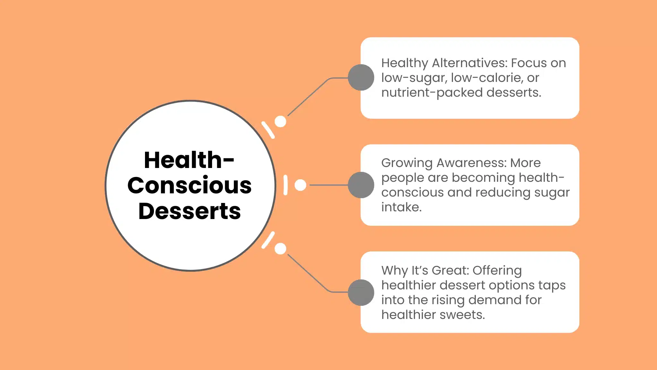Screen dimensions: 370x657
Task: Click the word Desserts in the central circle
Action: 190,211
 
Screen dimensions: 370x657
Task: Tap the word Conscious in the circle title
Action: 190,186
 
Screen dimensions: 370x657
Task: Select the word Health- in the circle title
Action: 189,160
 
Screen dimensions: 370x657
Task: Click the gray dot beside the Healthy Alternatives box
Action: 361,77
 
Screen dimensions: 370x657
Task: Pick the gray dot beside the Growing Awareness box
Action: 361,185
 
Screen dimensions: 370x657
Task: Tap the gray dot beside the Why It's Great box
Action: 361,292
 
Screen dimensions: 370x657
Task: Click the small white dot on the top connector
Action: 280,121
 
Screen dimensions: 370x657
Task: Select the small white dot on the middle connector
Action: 300,185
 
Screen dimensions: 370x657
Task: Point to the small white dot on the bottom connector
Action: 280,249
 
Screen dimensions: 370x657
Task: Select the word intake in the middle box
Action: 401,207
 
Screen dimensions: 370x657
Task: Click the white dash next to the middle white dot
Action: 286,185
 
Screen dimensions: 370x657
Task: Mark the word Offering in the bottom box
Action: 497,271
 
